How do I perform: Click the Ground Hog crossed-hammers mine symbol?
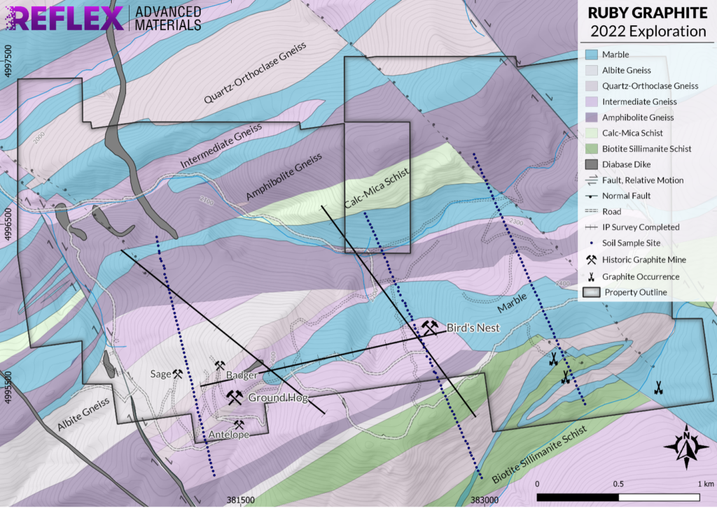click(234, 397)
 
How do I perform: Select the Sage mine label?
click(160, 374)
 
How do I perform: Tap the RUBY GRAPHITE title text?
click(646, 13)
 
